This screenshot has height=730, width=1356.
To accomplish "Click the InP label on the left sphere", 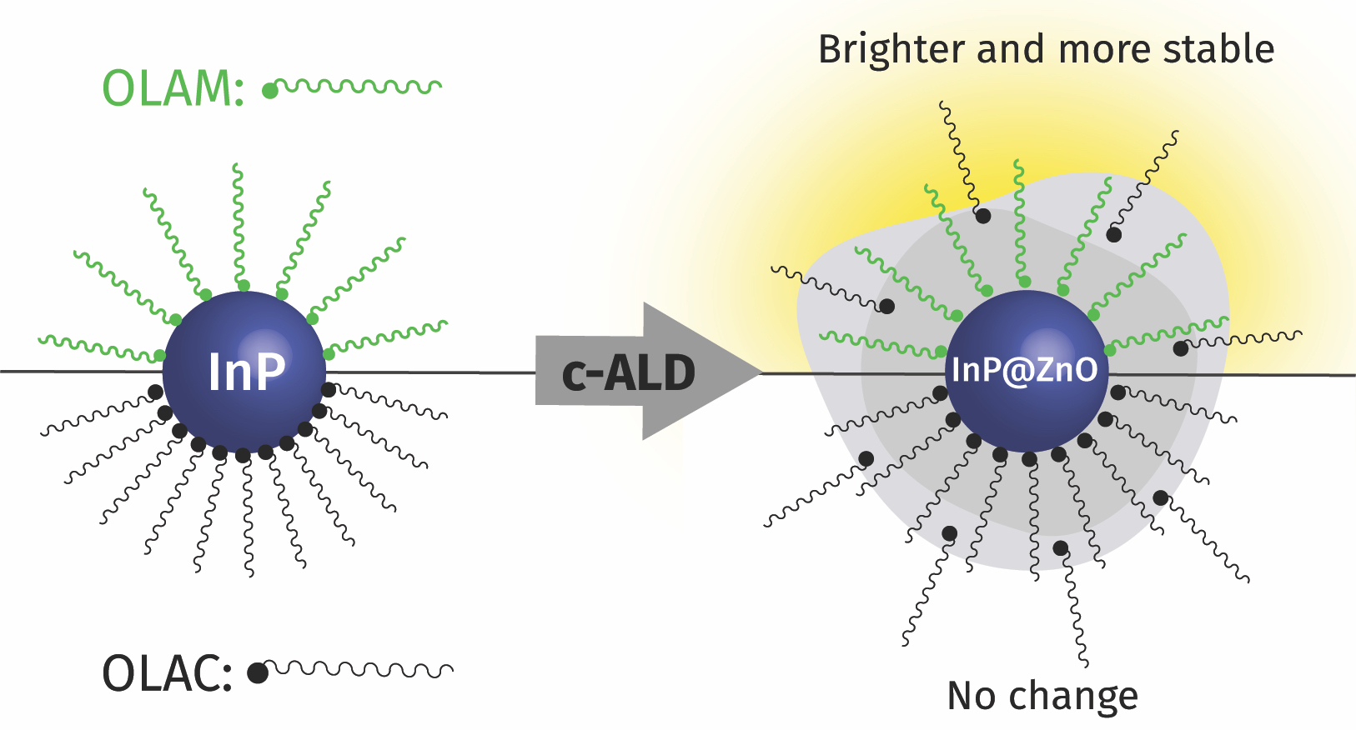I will (x=246, y=372).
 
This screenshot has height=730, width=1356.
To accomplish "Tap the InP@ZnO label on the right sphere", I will (x=1025, y=370).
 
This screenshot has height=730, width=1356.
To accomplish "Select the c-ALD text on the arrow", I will (x=629, y=373).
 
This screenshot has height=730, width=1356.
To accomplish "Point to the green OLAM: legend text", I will (x=173, y=88).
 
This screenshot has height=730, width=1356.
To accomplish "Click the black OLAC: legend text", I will (x=167, y=673).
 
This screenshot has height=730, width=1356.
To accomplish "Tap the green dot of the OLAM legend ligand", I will (x=270, y=91).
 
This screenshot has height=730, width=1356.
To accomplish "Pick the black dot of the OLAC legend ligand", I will (x=259, y=672).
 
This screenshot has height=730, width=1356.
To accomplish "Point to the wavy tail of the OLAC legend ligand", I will (x=363, y=669).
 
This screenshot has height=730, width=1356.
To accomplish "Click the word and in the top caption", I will (x=1011, y=50).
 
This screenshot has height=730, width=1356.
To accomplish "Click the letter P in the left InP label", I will (x=269, y=372).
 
